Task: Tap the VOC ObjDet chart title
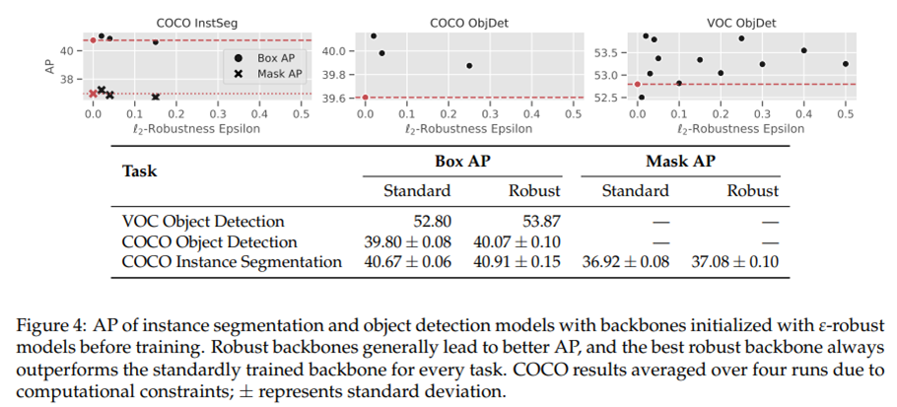pyautogui.click(x=742, y=21)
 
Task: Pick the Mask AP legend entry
pyautogui.click(x=268, y=74)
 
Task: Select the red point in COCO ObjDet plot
pyautogui.click(x=366, y=98)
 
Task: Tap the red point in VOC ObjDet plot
pyautogui.click(x=637, y=85)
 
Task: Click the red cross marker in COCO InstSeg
pyautogui.click(x=93, y=94)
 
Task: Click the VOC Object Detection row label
pyautogui.click(x=202, y=222)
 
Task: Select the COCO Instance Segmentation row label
pyautogui.click(x=232, y=262)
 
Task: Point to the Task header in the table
pyautogui.click(x=139, y=170)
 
